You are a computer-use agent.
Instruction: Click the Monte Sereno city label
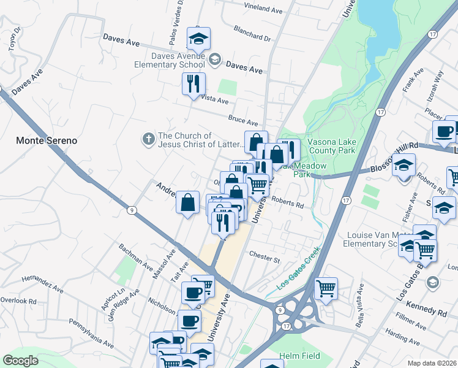47,140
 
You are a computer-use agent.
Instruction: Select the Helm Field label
297,356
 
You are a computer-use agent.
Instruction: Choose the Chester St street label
264,256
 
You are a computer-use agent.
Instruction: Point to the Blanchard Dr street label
252,33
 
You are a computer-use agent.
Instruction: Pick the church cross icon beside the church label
148,139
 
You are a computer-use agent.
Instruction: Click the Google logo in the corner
21,360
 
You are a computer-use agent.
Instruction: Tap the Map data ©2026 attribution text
432,363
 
